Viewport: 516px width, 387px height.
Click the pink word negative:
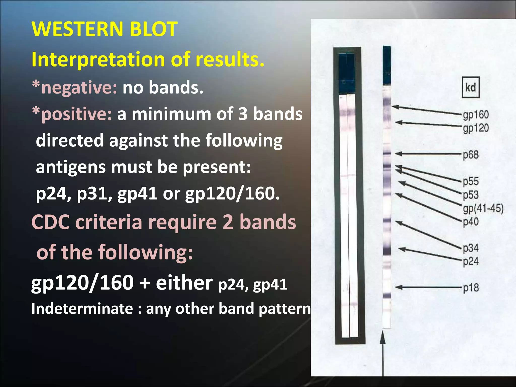pyautogui.click(x=79, y=87)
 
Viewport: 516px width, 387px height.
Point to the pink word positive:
pyautogui.click(x=76, y=114)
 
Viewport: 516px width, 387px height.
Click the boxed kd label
pyautogui.click(x=470, y=87)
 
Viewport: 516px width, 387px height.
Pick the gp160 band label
pyautogui.click(x=476, y=115)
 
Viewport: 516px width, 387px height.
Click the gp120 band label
pyautogui.click(x=476, y=128)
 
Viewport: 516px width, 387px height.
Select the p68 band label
pyautogui.click(x=471, y=155)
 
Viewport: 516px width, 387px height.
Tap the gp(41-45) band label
pyautogui.click(x=483, y=209)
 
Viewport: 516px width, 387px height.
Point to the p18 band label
pyautogui.click(x=471, y=288)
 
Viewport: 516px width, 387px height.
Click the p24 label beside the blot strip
pyautogui.click(x=471, y=261)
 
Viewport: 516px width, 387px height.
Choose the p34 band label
pyautogui.click(x=471, y=248)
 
